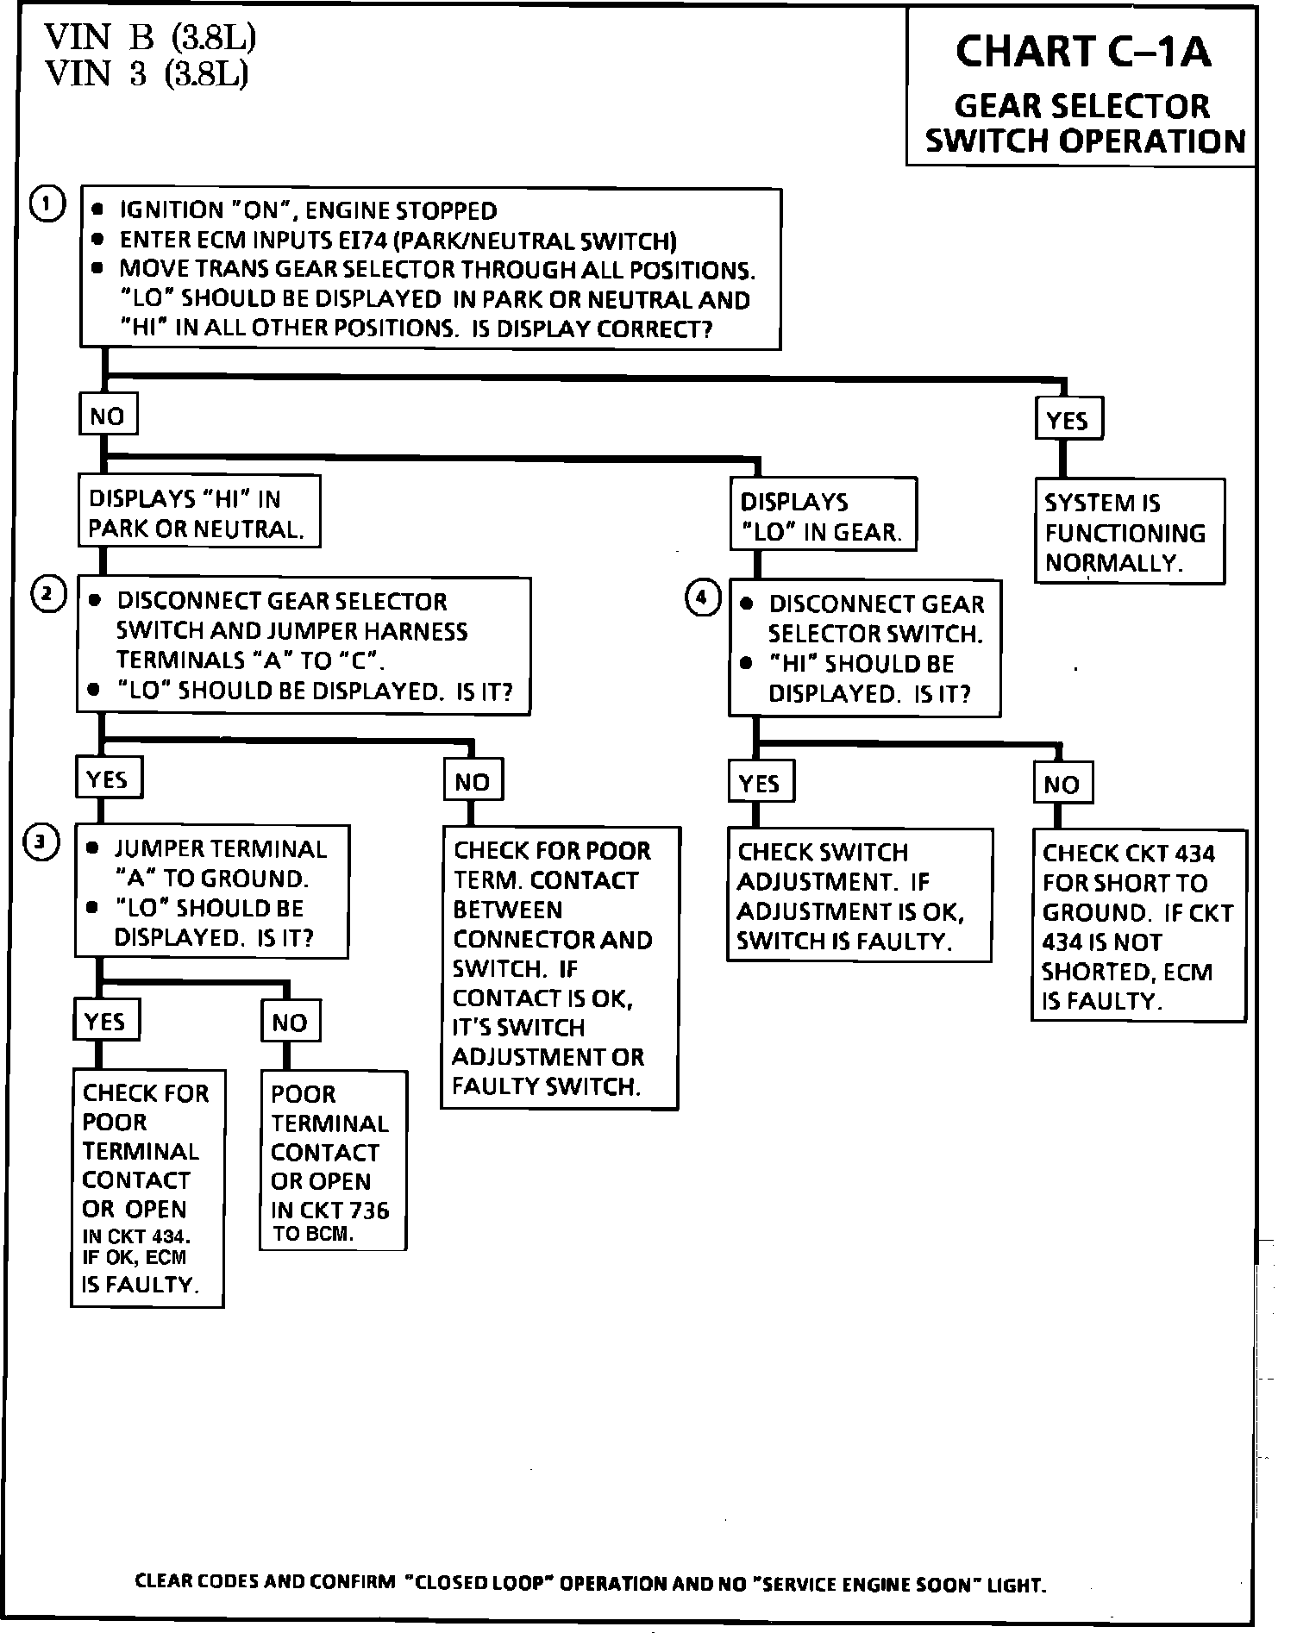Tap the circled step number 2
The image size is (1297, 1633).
coord(48,596)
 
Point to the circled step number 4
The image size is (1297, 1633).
coord(702,598)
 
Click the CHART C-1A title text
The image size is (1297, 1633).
coord(1082,51)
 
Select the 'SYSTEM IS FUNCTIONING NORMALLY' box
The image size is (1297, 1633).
coord(1130,532)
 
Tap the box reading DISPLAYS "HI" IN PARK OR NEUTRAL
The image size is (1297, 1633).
coord(198,513)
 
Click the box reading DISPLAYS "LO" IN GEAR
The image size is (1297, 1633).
coord(823,516)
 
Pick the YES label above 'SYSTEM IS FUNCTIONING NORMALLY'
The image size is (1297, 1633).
coord(1068,421)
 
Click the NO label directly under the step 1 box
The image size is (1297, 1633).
coord(107,417)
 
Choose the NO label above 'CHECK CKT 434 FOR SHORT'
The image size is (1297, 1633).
coord(1062,784)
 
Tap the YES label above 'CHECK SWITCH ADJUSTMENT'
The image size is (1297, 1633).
coord(759,783)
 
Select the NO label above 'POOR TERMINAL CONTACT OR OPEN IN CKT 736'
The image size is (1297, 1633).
coord(290,1023)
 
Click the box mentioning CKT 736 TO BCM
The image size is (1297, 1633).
coord(333,1161)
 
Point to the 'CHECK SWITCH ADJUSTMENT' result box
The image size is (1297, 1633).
coord(859,896)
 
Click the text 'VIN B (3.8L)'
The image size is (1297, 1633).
coord(150,37)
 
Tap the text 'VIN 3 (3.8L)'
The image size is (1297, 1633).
coord(147,74)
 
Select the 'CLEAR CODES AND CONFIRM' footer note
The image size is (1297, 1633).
coord(591,1584)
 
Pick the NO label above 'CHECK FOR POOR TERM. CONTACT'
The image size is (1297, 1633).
coord(473,782)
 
